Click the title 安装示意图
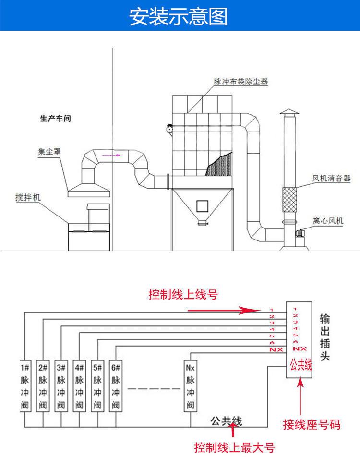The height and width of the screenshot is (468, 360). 179,16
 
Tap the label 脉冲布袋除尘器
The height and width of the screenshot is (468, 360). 240,82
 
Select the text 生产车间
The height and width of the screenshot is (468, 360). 56,119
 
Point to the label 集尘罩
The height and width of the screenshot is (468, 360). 49,151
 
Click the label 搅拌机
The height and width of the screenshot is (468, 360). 28,197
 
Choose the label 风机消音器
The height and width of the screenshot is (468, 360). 331,178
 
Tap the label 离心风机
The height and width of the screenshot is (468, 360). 328,221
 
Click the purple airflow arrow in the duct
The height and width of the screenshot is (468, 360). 111,155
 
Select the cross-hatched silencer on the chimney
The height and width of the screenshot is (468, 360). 289,199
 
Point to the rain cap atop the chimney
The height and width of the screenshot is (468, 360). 289,112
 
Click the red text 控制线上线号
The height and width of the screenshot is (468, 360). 183,294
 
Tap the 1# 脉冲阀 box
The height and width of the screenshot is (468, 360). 25,386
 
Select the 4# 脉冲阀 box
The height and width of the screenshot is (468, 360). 79,386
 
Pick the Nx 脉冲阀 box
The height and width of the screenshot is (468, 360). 191,386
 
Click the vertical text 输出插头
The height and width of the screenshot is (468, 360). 325,337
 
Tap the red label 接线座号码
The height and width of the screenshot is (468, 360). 312,424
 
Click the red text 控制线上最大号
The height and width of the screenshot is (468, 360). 234,447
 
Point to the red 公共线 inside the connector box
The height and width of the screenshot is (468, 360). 301,364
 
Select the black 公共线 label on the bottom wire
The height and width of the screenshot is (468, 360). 226,421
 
